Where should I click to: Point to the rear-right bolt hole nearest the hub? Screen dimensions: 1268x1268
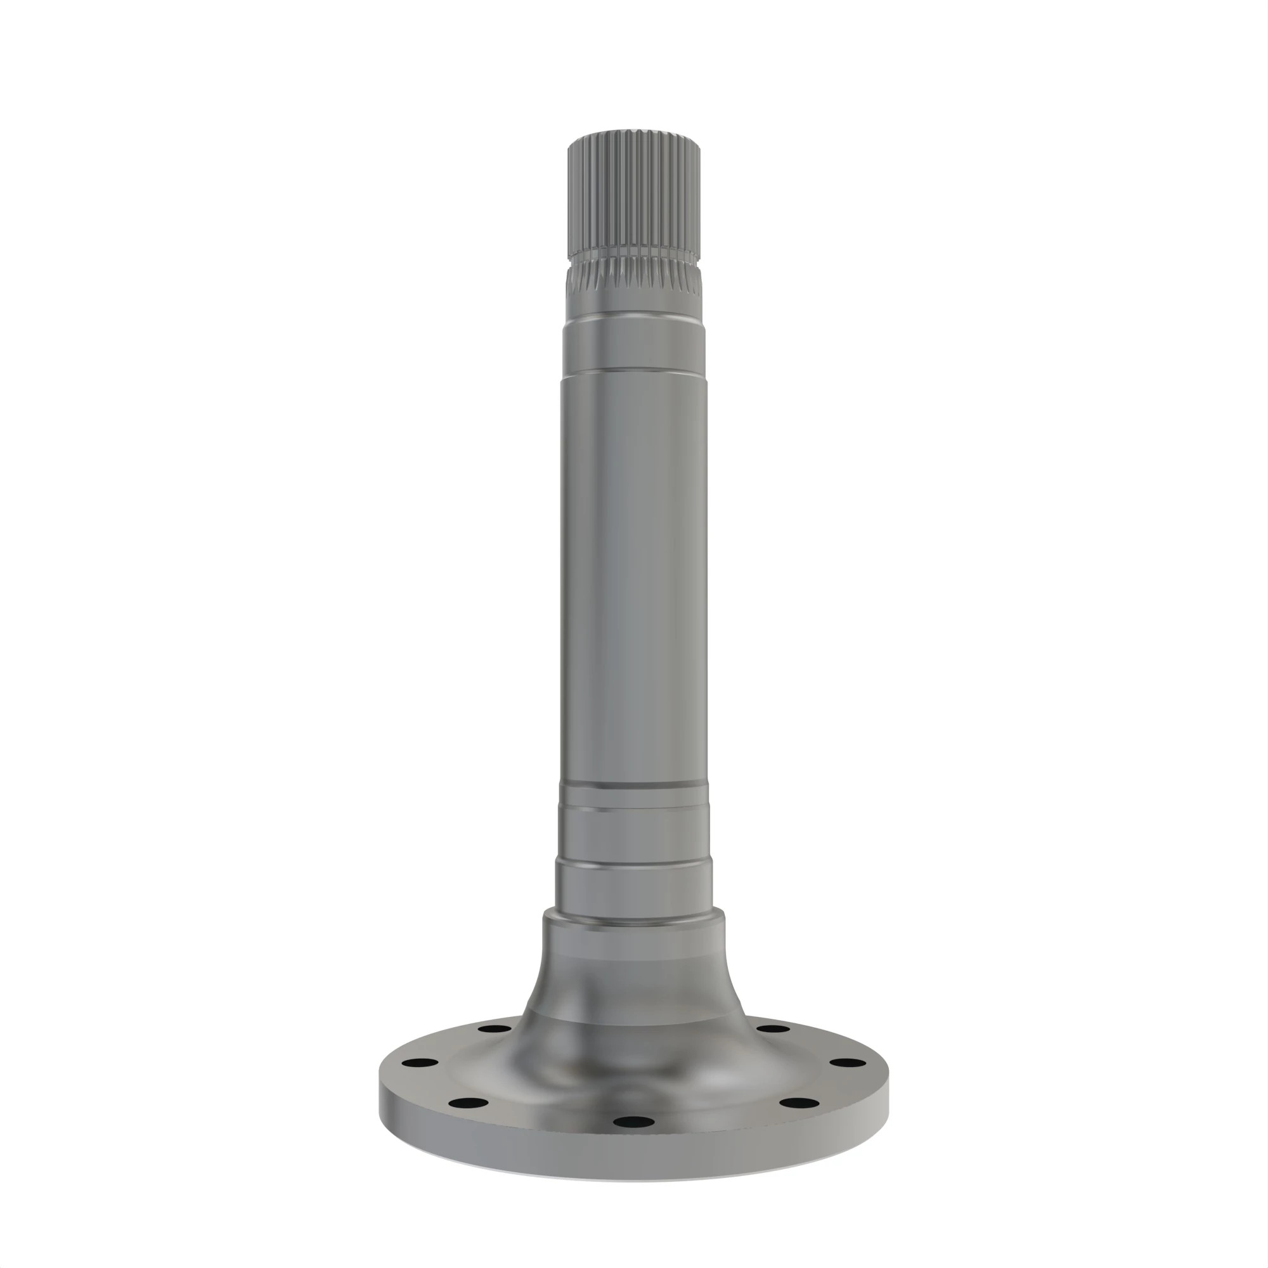click(x=773, y=1028)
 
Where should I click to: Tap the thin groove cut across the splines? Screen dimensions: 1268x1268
click(x=634, y=254)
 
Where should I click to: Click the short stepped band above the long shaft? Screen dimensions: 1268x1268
click(x=634, y=348)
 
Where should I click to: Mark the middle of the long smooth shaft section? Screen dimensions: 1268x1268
click(x=634, y=578)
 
